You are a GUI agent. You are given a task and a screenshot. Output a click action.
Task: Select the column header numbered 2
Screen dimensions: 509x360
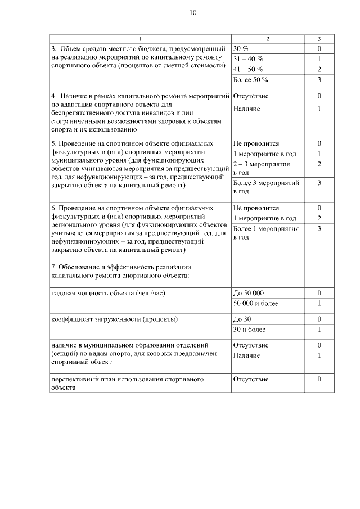[267, 39]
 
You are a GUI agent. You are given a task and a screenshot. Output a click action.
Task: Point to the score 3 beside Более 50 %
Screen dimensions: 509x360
[319, 80]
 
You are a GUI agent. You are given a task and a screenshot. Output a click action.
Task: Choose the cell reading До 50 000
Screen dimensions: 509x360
[248, 294]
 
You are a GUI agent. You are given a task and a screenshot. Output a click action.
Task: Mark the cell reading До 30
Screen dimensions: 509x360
[242, 319]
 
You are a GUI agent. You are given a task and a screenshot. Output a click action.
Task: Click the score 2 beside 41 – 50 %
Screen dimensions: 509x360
[319, 69]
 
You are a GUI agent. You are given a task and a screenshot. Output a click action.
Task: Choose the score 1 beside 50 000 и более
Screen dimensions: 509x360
[319, 304]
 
